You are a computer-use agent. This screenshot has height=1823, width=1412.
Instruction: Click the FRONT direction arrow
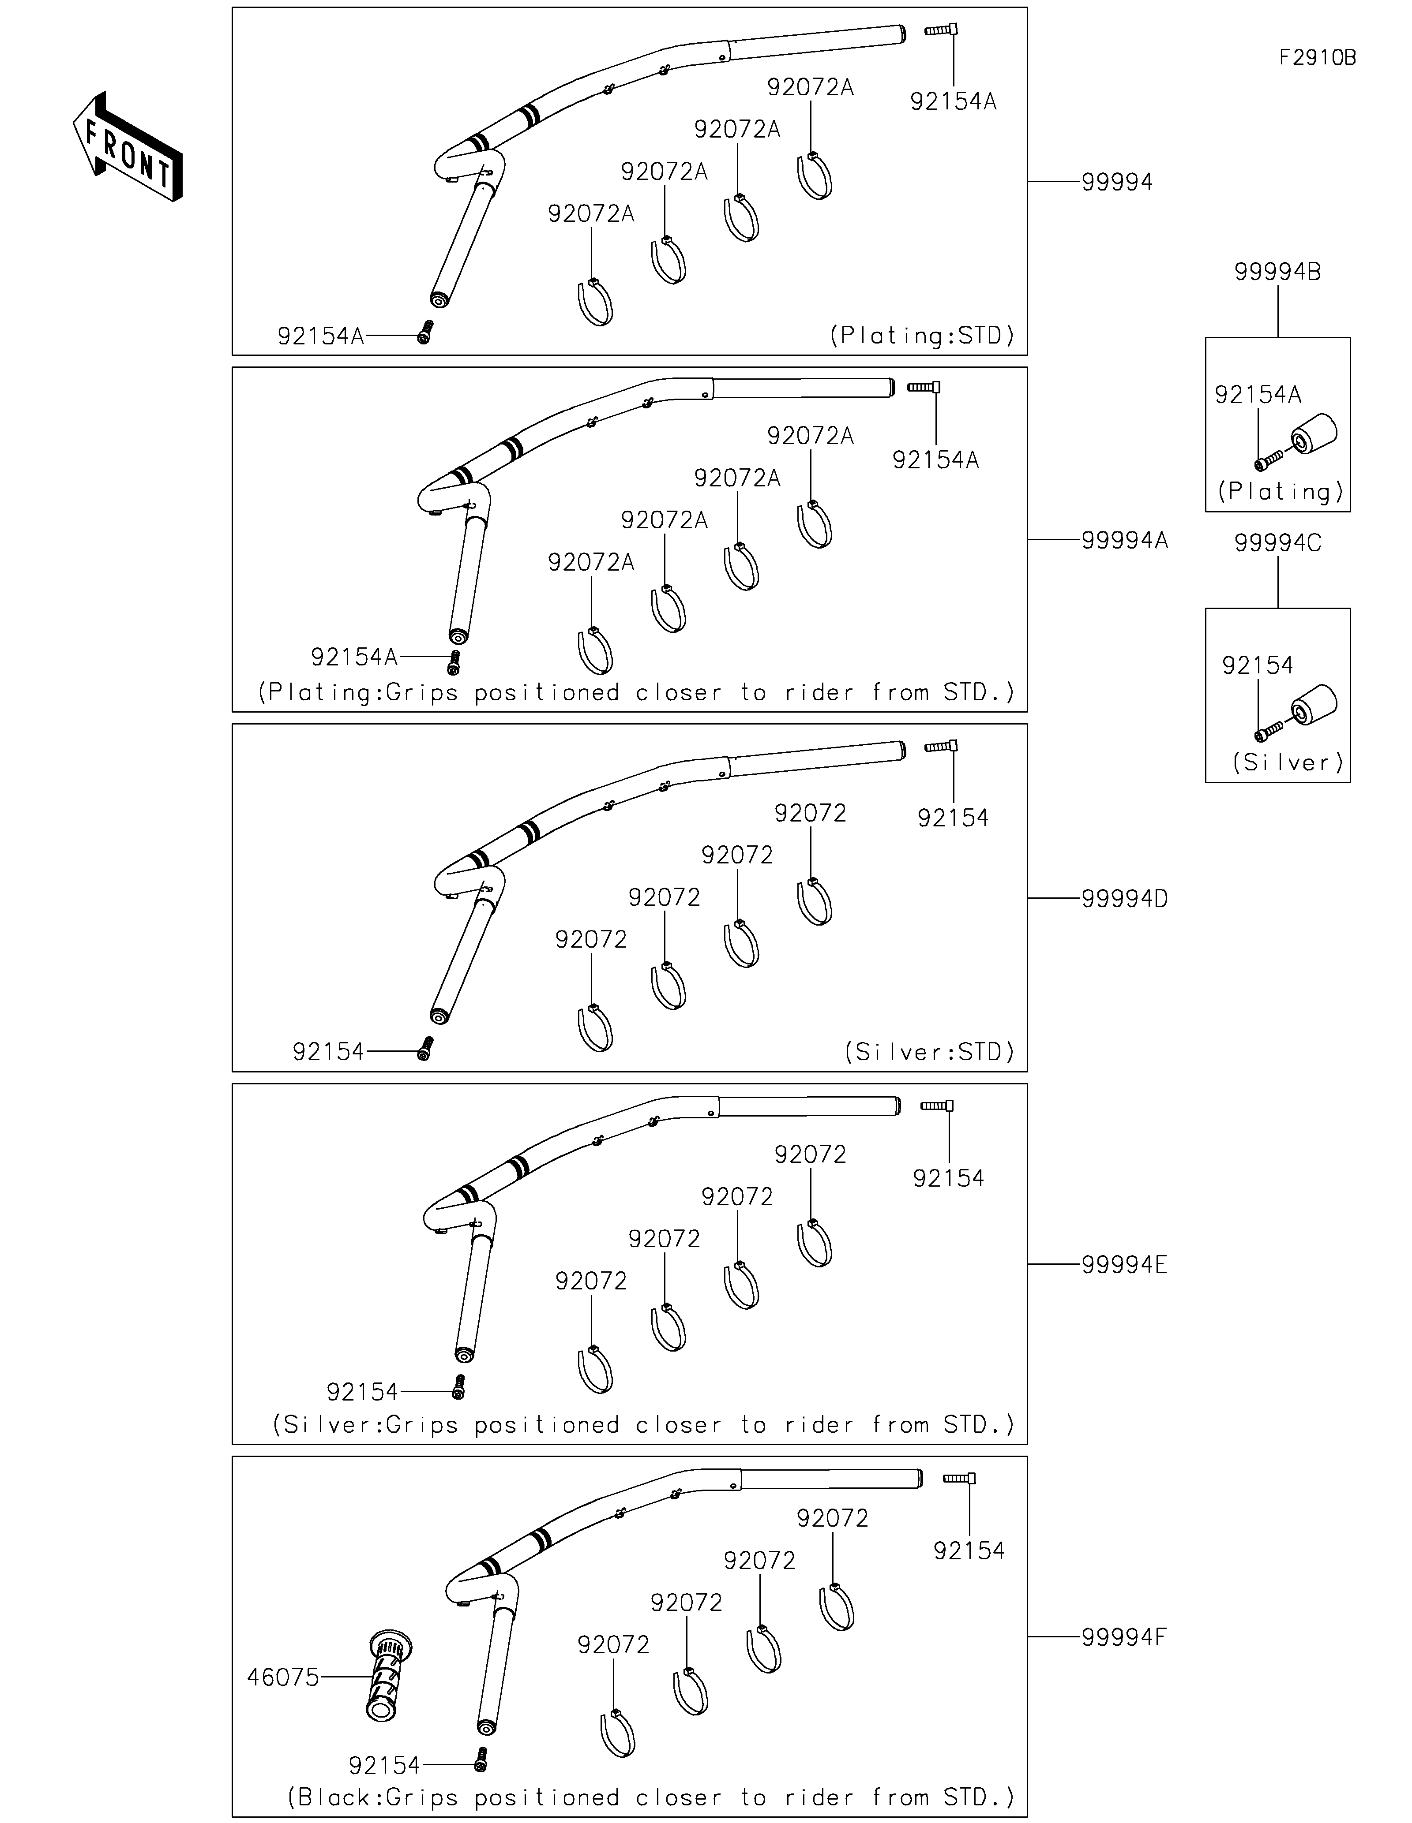[128, 146]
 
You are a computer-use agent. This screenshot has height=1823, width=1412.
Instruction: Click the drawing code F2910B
[1318, 58]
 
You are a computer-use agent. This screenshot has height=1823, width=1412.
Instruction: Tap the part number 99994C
[1277, 543]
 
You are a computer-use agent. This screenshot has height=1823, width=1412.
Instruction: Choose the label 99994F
[1124, 1637]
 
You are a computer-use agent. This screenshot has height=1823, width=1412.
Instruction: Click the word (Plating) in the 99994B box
[1281, 492]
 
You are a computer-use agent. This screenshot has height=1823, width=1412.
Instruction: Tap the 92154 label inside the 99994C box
[1258, 665]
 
